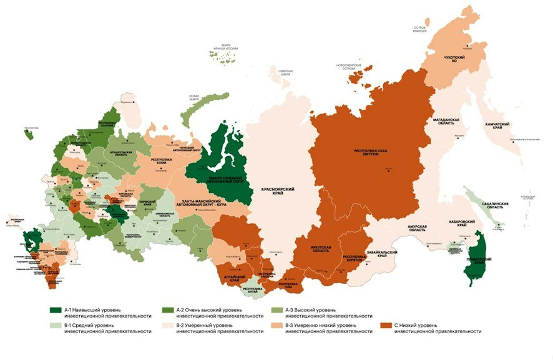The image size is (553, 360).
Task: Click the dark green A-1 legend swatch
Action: [56, 309]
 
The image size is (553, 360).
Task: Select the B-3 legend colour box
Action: [276, 325]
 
